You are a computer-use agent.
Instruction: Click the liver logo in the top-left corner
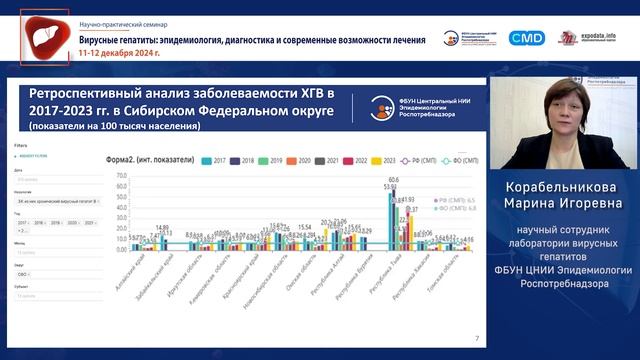[x=43, y=36]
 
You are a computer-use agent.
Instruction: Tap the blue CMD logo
[x=526, y=37]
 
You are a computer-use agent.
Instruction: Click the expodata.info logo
[x=599, y=37]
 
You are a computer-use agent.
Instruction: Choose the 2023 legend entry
[x=384, y=160]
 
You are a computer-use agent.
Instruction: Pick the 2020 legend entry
[x=300, y=160]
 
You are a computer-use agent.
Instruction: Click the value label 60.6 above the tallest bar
[x=394, y=180]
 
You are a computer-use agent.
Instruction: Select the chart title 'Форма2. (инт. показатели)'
[x=149, y=160]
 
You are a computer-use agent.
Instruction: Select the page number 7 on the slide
[x=476, y=339]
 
